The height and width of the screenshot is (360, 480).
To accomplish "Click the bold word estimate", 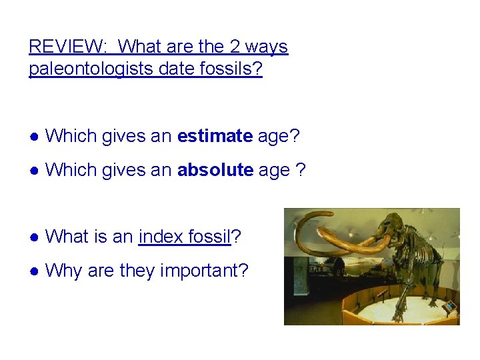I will pos(215,137).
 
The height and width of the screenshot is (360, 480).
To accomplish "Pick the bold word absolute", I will pos(215,170).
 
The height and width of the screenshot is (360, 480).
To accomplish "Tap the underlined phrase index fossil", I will pos(184,237).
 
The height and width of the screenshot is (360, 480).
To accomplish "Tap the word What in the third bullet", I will pos(66,237).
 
